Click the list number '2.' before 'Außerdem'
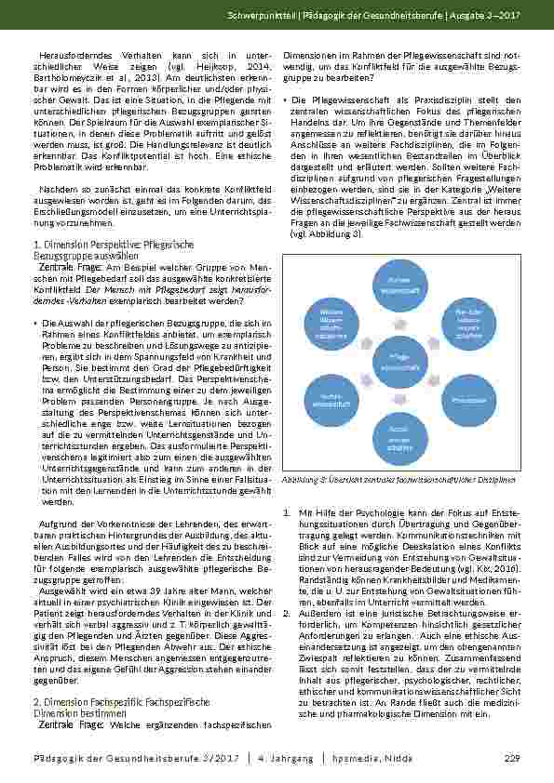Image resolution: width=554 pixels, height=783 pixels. pyautogui.click(x=285, y=614)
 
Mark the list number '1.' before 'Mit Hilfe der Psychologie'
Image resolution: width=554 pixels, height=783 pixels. pyautogui.click(x=285, y=512)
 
